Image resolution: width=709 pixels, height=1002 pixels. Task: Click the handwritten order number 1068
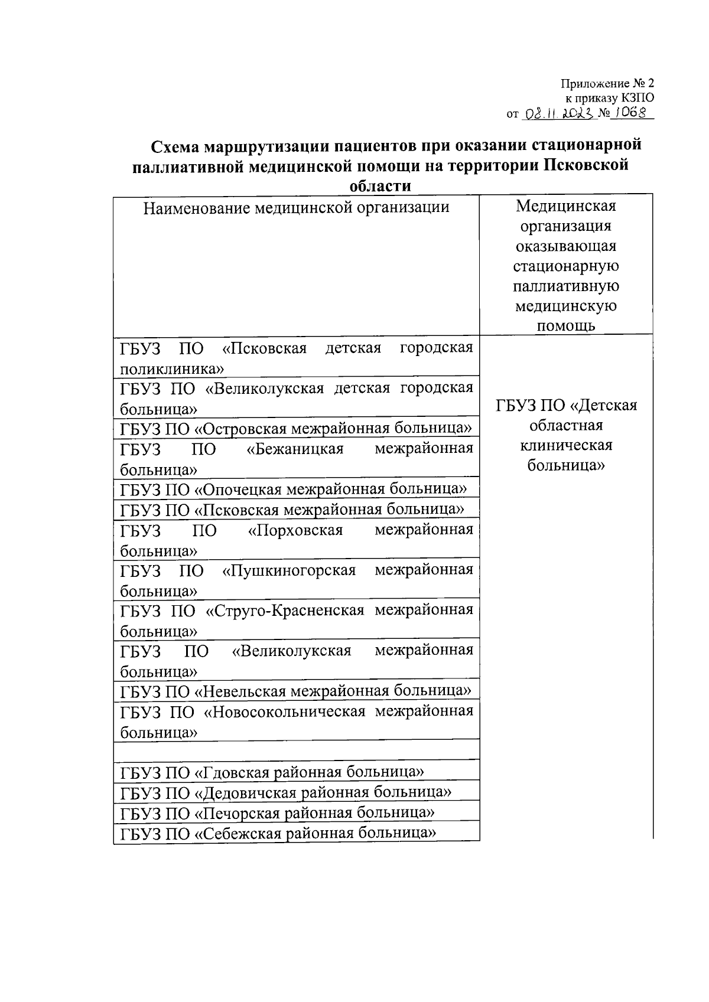click(630, 112)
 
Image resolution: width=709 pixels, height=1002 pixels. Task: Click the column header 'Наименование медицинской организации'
click(296, 208)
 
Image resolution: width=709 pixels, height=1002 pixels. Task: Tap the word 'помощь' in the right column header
click(565, 326)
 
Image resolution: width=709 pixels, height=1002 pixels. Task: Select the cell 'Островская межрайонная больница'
click(296, 428)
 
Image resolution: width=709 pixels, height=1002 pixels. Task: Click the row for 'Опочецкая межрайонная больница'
click(294, 489)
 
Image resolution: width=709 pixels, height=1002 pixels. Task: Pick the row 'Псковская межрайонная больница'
click(292, 510)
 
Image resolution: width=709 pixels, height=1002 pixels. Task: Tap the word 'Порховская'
click(295, 530)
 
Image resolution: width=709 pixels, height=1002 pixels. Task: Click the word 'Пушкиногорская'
click(289, 570)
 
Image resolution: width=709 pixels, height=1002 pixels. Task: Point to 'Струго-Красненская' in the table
click(285, 611)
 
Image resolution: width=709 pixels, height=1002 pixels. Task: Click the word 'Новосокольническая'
click(284, 712)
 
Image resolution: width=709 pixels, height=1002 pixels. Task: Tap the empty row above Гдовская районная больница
click(296, 750)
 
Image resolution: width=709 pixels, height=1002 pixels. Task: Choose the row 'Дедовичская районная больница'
click(286, 793)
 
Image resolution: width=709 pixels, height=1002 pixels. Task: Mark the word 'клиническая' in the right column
click(565, 445)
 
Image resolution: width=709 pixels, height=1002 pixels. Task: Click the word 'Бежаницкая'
click(295, 449)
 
